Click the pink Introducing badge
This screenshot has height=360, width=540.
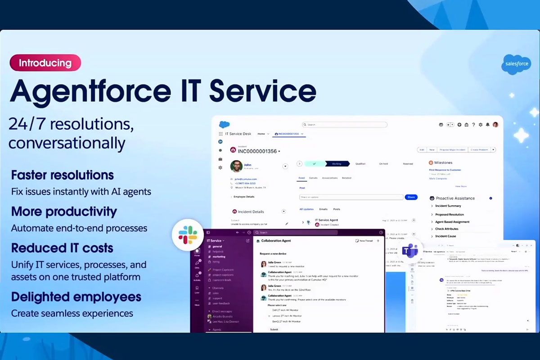point(45,63)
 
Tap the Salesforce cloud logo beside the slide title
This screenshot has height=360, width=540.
point(516,63)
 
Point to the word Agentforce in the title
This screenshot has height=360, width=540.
point(90,92)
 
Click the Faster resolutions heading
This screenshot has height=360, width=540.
point(62,175)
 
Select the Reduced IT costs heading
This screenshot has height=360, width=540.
point(62,248)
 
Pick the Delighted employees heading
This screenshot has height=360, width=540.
point(76,297)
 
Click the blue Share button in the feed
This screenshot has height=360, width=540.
point(411,197)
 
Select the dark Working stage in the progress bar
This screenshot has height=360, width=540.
point(337,164)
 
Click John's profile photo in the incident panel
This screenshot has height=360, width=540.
point(236,166)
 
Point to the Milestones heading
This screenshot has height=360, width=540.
point(444,162)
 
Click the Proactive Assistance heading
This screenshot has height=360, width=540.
point(455,198)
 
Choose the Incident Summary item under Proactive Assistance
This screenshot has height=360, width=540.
point(448,206)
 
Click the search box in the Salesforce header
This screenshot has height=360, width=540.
point(344,125)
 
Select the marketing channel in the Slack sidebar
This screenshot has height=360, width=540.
point(219,256)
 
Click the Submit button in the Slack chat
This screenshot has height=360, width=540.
point(274,329)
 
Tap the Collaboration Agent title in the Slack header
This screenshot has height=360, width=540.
point(276,241)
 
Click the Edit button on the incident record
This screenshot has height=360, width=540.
point(422,150)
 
